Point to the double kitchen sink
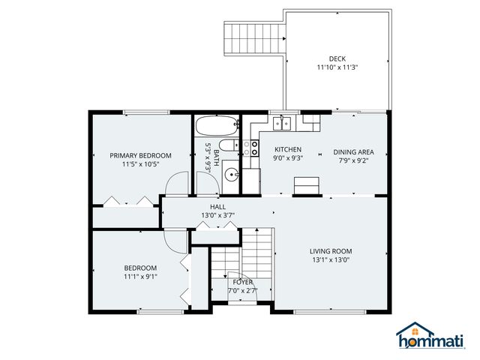tap(282, 122)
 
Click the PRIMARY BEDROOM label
tap(140, 156)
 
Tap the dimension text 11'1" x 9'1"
tap(140, 276)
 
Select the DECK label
tap(337, 58)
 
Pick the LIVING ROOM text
tap(331, 251)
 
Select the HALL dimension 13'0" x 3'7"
tap(217, 215)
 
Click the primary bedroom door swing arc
tap(178, 184)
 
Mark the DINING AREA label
tap(353, 152)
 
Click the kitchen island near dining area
tap(305, 185)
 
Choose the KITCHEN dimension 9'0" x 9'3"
tap(287, 158)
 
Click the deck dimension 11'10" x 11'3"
tap(337, 67)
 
